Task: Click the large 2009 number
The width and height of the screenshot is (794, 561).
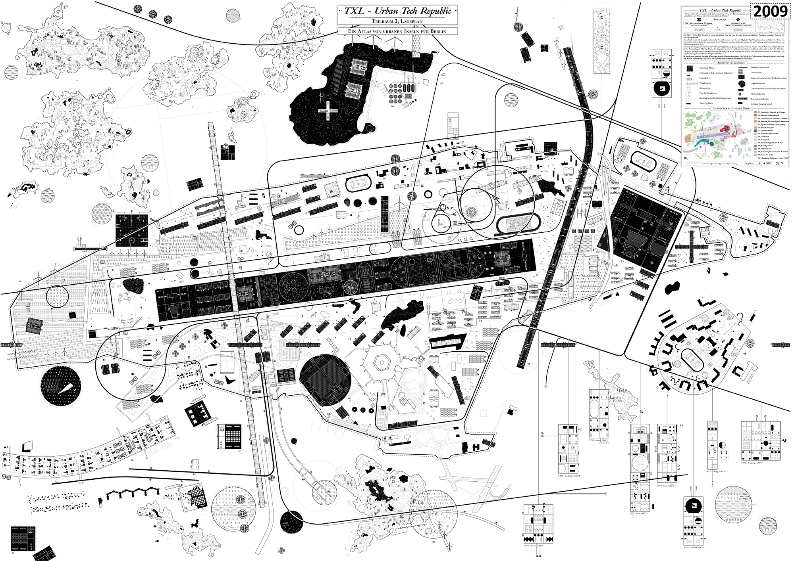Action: point(770,11)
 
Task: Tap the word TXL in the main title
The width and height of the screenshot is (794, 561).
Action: point(354,11)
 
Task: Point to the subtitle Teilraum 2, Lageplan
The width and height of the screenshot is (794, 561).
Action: point(397,21)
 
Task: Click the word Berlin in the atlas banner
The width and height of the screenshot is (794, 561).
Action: point(438,31)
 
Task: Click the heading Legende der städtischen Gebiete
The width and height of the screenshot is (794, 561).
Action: point(732,108)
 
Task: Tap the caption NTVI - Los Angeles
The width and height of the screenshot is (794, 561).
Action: point(569,476)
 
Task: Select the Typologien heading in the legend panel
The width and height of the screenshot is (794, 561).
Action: point(720,19)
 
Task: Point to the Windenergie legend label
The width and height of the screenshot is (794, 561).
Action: point(705,83)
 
